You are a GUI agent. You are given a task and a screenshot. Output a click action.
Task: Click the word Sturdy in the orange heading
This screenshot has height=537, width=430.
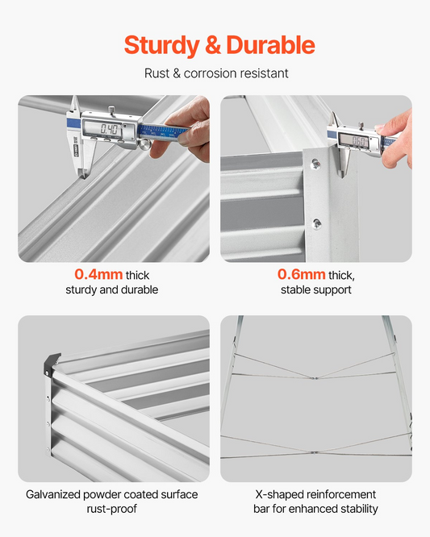161,46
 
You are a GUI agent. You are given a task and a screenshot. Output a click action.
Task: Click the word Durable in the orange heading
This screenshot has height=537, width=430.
270,45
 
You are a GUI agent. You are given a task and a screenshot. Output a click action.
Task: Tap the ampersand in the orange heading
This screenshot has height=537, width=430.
213,45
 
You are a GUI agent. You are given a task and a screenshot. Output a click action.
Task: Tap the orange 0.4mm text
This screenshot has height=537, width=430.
98,274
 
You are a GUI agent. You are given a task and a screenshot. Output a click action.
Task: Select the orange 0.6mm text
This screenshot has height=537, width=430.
302,274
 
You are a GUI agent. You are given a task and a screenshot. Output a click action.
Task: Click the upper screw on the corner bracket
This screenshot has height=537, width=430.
315,164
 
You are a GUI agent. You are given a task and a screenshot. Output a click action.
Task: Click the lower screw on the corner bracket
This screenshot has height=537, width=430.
316,224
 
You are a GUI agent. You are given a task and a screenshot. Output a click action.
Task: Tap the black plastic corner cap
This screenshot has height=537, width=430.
51,364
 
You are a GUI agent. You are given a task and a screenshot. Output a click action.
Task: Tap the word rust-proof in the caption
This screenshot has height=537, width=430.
111,509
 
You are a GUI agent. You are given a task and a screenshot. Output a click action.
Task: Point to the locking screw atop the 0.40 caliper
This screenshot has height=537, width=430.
111,110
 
